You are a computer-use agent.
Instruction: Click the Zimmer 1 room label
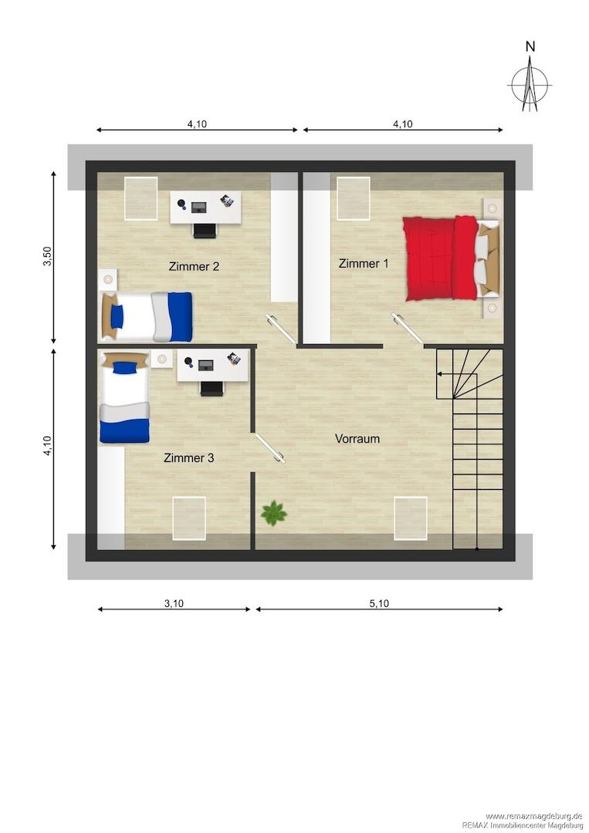tap(364, 263)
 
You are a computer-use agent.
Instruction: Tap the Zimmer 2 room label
tap(194, 266)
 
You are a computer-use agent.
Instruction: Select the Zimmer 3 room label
tap(188, 458)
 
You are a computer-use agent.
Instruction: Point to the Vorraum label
tap(357, 439)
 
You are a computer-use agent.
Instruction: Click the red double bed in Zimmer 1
tap(451, 258)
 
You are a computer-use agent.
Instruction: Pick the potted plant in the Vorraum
tap(274, 513)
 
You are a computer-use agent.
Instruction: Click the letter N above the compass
tap(530, 47)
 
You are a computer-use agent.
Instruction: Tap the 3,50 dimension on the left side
tap(48, 256)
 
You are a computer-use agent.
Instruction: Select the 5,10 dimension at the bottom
tap(379, 603)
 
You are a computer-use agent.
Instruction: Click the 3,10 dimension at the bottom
tap(174, 603)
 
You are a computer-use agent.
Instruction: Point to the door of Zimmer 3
tap(269, 448)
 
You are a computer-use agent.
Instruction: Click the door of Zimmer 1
tap(407, 328)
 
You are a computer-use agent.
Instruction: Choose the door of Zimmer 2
tap(281, 329)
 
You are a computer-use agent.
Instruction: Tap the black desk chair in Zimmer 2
tap(205, 231)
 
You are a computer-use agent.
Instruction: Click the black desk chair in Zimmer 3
tap(212, 389)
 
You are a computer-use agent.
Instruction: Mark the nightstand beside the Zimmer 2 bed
tap(108, 278)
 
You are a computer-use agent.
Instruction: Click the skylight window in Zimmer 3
tap(188, 518)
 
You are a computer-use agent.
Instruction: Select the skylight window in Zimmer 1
tap(354, 198)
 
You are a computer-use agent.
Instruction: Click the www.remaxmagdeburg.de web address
tap(534, 816)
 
